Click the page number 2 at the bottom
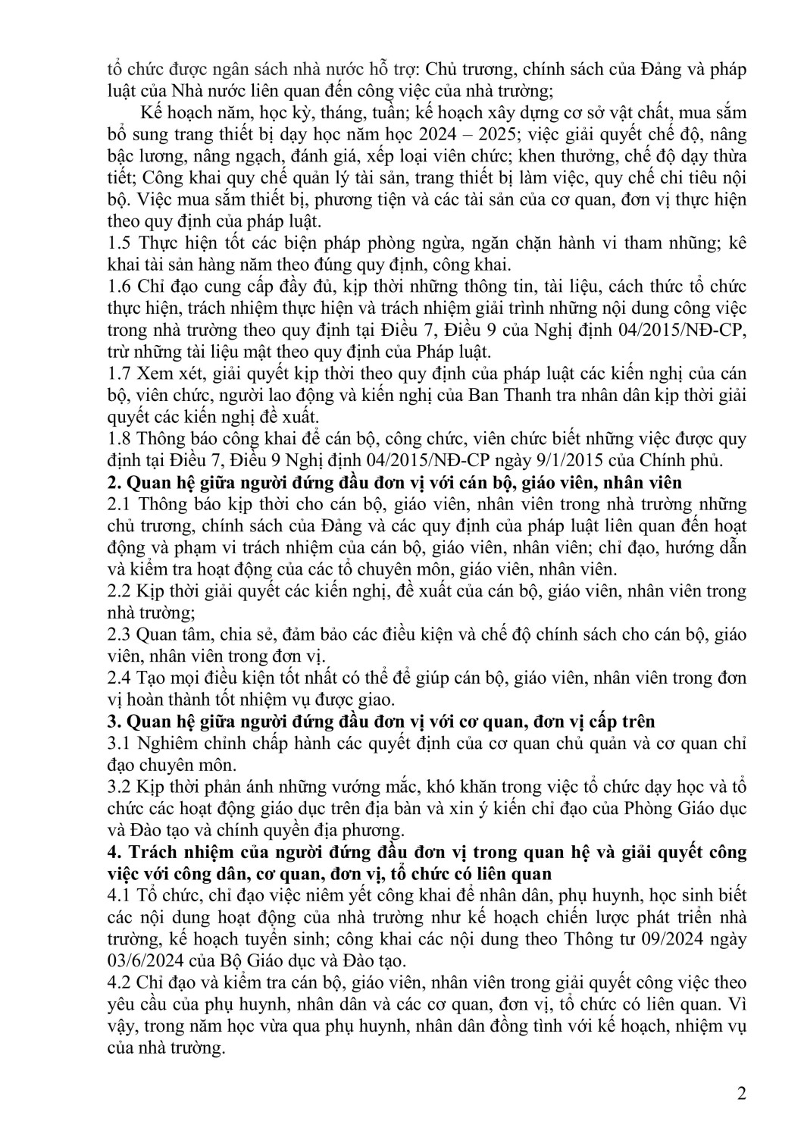point(741,1094)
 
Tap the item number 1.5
point(120,243)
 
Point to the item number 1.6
point(120,287)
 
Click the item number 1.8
point(120,439)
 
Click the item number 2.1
point(120,504)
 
